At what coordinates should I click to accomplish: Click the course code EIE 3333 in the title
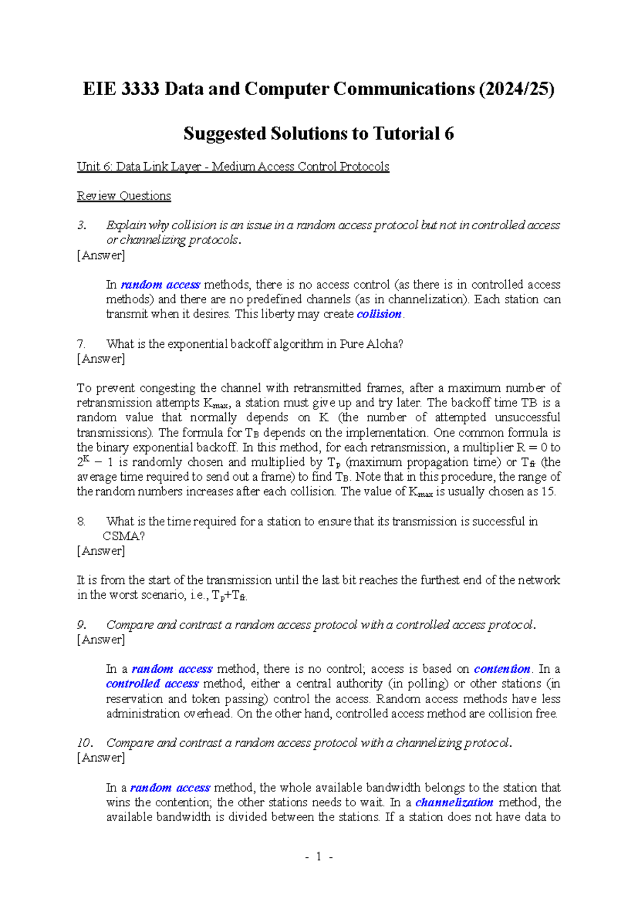pos(121,89)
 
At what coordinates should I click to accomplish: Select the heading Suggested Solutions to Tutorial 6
pos(318,133)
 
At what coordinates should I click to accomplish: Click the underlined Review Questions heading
pos(124,196)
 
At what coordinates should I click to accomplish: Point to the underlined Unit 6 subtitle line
pos(233,166)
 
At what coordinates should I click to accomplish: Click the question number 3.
pos(81,225)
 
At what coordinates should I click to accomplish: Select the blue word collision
pos(379,314)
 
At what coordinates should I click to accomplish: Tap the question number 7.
pos(81,344)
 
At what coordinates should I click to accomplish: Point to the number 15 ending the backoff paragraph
pos(548,491)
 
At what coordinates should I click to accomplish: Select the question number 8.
pos(81,521)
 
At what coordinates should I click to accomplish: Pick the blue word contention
pos(502,669)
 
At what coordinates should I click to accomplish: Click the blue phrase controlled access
pos(152,683)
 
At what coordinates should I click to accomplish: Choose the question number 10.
pos(85,742)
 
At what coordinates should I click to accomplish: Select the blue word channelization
pos(454,802)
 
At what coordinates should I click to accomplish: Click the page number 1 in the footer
pos(318,856)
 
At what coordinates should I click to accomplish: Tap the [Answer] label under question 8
pos(101,551)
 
